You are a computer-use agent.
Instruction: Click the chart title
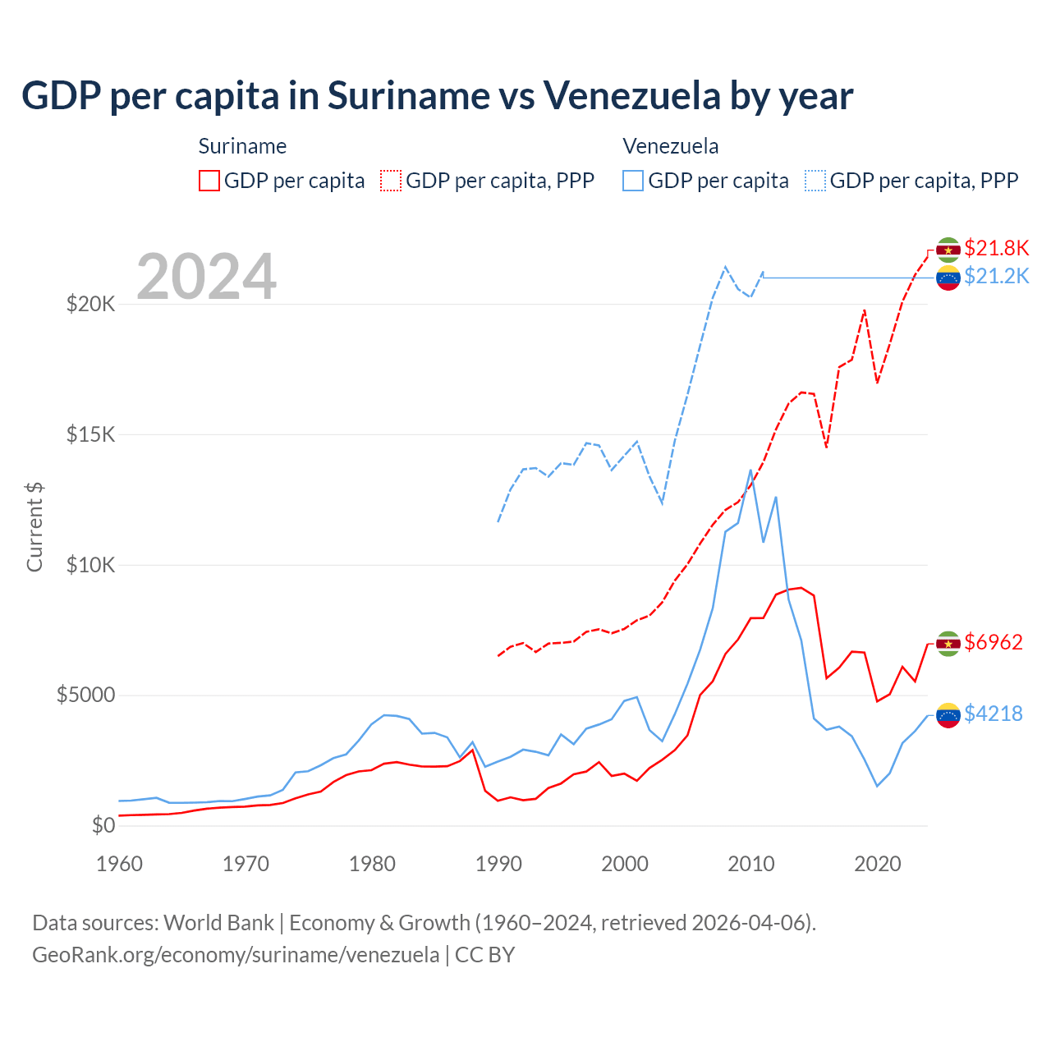pos(437,96)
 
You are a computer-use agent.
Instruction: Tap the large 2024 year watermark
pos(207,277)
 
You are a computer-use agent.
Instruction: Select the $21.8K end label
pos(996,248)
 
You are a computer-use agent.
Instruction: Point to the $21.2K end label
pos(996,276)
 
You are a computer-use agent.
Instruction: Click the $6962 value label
pos(994,642)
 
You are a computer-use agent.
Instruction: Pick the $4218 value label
pos(994,714)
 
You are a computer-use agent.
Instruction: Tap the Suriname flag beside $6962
pos(948,644)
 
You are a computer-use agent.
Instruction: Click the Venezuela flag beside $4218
pos(948,715)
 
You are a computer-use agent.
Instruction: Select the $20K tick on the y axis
pos(91,305)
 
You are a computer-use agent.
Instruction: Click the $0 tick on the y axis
pos(103,825)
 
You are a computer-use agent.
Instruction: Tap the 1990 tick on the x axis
pos(498,864)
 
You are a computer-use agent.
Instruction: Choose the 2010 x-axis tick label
pos(751,864)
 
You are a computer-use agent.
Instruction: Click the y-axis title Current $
pos(34,527)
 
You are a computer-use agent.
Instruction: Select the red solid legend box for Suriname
pos(209,181)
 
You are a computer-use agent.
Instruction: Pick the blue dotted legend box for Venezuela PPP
pos(815,181)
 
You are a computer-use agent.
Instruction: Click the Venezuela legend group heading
pos(671,146)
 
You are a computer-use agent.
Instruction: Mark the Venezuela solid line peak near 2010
pos(750,470)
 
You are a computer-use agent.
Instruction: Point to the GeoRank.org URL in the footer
pos(236,955)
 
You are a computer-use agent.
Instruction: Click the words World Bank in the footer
pos(218,923)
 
